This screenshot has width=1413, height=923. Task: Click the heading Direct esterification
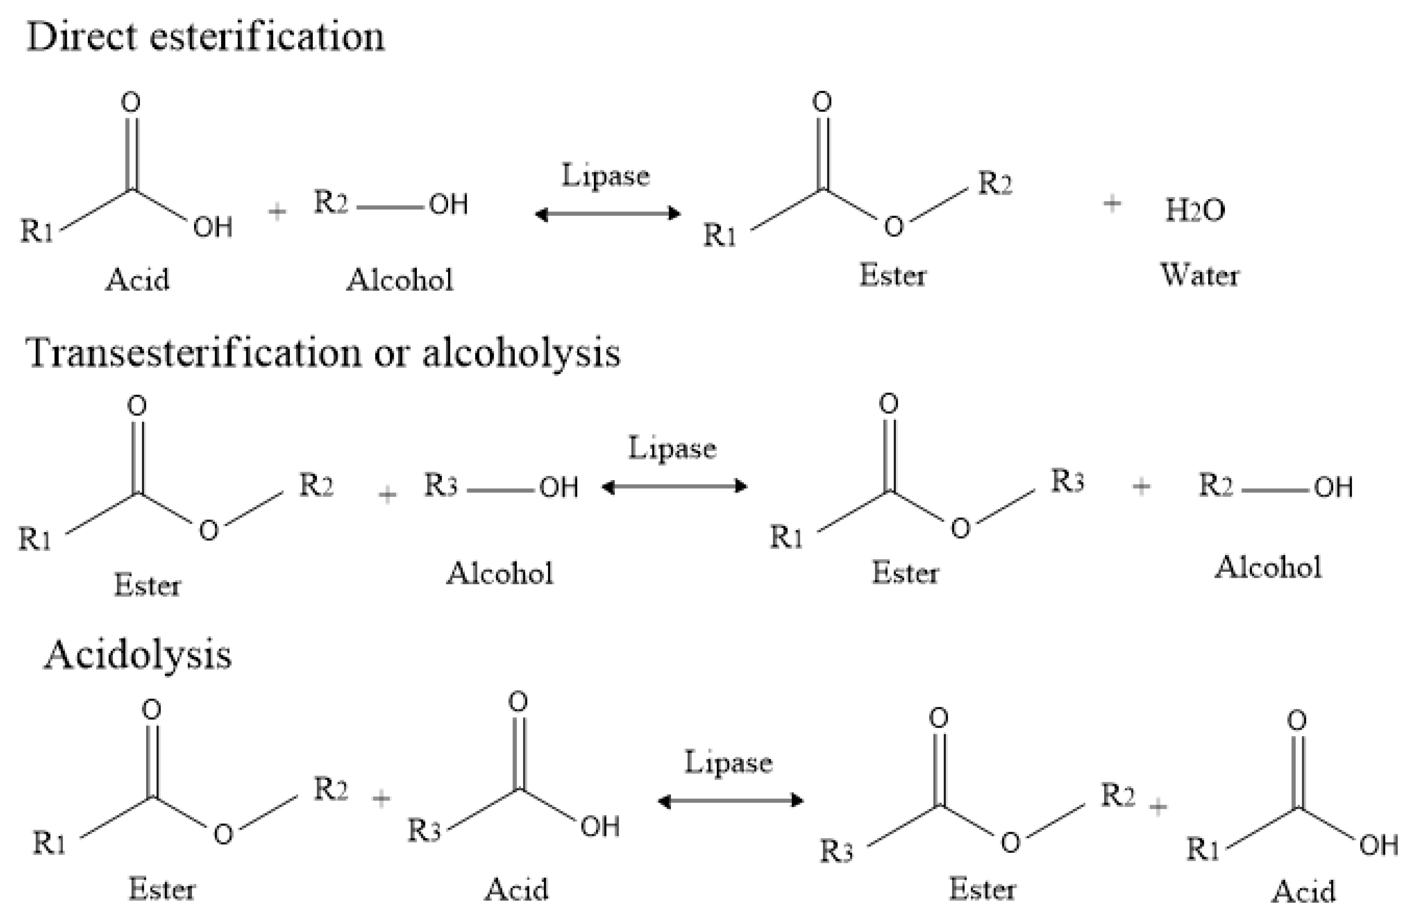205,37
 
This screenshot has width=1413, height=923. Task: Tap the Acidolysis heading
138,655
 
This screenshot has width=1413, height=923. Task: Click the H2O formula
1194,210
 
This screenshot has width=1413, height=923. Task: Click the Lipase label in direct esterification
605,176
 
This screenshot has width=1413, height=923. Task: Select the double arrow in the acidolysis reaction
730,801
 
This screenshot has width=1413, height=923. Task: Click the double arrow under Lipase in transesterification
674,487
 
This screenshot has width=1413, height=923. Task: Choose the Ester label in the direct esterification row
893,275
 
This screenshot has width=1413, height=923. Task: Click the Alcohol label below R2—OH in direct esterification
400,280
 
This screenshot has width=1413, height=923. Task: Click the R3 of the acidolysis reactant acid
424,830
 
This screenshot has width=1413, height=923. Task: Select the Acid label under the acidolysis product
1304,892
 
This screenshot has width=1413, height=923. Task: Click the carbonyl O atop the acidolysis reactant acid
518,702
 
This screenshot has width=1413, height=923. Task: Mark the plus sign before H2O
1112,203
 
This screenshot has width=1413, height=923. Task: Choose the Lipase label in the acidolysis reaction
728,763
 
